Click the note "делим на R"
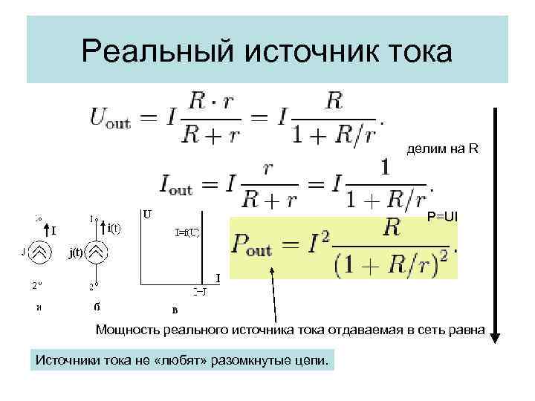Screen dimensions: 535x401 point(443,149)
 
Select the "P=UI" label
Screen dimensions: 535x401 point(444,216)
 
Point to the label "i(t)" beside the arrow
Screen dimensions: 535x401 point(114,228)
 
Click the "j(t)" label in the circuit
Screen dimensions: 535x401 point(76,252)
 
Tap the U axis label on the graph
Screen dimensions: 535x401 point(148,215)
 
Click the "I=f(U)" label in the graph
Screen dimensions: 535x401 point(187,232)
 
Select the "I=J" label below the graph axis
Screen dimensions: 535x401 point(199,292)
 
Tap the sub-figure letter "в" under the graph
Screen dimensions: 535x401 point(175,310)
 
